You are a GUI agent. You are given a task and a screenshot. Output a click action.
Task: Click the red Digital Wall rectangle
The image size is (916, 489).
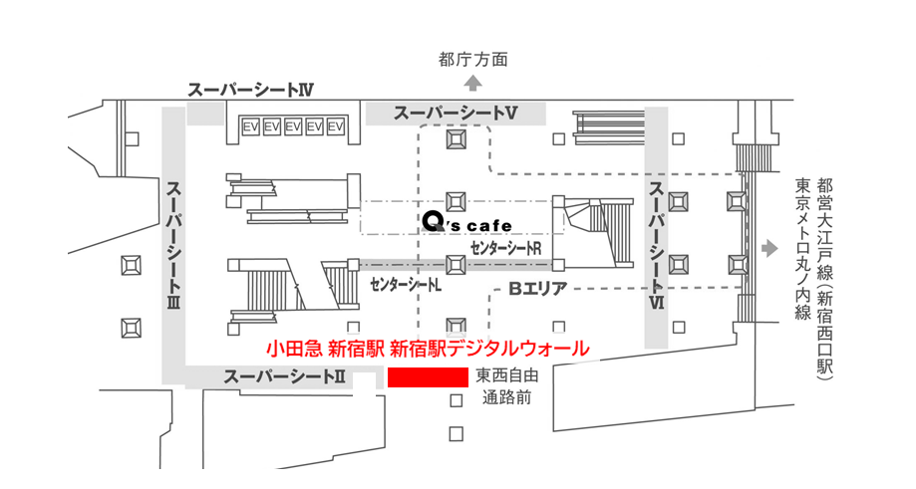pos(429,377)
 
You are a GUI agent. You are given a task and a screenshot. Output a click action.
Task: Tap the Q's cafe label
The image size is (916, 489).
pos(466,222)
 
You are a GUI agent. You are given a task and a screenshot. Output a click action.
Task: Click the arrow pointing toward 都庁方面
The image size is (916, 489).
pos(473,84)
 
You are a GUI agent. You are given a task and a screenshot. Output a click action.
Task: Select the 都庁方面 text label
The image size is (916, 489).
pos(473,60)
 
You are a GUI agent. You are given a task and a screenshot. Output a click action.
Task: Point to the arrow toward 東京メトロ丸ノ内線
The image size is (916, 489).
pos(769,249)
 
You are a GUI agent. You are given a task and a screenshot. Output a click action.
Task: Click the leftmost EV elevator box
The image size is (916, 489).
pos(250,126)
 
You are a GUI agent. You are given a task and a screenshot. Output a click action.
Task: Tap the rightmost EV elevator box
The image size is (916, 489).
pos(335,126)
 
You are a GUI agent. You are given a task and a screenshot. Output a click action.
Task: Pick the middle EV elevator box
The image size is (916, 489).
pos(293,126)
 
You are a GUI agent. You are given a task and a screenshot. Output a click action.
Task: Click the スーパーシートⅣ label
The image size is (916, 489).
pos(250,90)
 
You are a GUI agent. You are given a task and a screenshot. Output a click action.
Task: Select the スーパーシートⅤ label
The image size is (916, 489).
pos(456,113)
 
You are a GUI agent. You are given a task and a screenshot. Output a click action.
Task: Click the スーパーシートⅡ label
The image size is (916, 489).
pos(284,377)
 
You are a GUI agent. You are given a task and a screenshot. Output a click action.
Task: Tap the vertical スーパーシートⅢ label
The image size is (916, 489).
pos(173,245)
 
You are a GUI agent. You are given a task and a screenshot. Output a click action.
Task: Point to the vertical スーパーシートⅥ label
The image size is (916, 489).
pos(657,245)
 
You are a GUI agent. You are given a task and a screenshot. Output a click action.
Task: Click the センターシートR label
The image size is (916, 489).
pos(506,249)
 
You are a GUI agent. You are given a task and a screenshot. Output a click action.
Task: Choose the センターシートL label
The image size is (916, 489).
pos(406,286)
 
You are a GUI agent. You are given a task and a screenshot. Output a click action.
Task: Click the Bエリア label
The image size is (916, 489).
pos(538,288)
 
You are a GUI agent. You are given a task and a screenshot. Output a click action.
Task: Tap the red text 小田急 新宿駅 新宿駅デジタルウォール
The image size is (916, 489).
pos(429,349)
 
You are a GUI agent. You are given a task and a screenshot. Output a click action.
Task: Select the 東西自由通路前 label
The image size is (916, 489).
pos(506,386)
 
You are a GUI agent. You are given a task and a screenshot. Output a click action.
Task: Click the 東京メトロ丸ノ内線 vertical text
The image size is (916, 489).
pos(803,249)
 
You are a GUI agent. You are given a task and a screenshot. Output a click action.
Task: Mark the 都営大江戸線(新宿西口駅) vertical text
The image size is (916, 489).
pos(825,279)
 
